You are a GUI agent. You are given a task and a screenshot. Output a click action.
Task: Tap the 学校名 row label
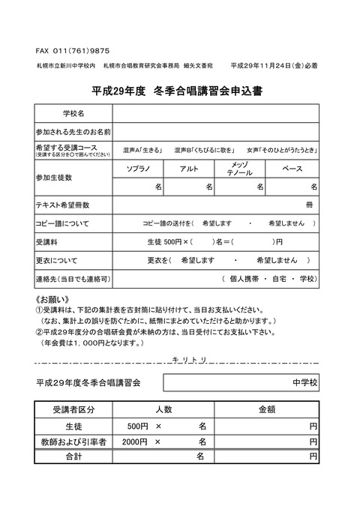tap(73, 113)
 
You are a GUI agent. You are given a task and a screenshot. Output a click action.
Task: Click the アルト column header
tap(190, 169)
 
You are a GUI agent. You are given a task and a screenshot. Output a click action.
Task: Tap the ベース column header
tap(292, 169)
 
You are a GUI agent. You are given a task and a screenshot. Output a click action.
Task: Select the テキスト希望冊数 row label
tap(63, 204)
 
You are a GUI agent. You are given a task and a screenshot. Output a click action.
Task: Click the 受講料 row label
tap(46, 241)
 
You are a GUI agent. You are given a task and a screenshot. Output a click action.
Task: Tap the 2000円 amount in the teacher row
tap(135, 441)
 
